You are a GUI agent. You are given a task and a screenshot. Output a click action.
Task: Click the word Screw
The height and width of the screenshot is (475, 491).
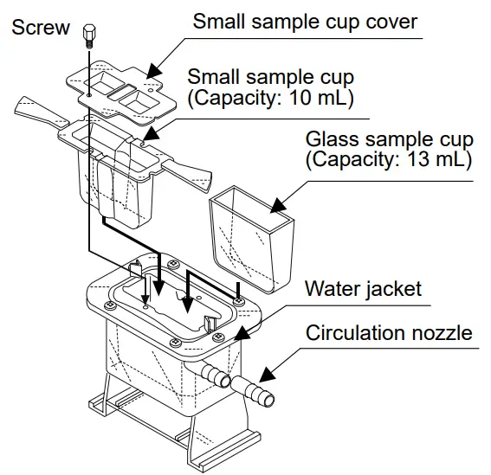(x=41, y=28)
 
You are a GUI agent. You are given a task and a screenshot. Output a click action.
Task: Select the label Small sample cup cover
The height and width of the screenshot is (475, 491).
(x=305, y=21)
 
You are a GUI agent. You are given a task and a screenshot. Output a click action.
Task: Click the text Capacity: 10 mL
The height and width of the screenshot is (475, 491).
(x=270, y=98)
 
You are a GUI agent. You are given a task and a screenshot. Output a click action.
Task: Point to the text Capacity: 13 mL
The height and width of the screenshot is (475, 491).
(x=389, y=160)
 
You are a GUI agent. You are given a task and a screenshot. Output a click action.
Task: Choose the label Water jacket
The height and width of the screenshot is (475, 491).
(x=363, y=287)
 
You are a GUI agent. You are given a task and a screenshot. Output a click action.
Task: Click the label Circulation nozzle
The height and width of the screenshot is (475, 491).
(x=389, y=332)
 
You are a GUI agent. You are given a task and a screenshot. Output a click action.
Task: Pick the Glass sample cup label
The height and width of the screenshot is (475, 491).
(x=389, y=139)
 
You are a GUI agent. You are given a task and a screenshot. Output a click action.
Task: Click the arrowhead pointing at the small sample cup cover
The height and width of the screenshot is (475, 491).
(x=152, y=68)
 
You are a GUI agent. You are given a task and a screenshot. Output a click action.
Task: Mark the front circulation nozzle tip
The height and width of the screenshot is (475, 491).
(x=264, y=401)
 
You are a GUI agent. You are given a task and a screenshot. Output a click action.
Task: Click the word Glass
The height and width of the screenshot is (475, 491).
(x=330, y=139)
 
